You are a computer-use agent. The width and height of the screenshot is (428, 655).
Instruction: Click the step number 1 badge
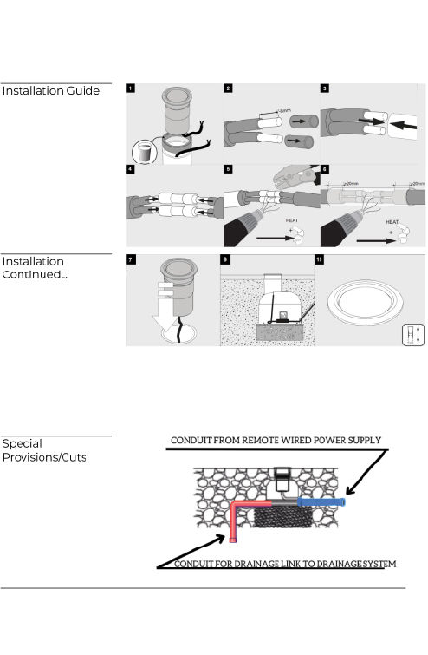coord(131,88)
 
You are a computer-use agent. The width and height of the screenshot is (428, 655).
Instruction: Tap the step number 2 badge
coord(228,88)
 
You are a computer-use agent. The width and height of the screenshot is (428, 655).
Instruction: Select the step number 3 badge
coord(324,88)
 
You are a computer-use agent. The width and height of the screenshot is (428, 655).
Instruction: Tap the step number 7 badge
coord(131,259)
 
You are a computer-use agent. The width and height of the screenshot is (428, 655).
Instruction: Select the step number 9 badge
coord(228,259)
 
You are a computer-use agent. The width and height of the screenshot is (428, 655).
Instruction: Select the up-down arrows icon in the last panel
coord(413,334)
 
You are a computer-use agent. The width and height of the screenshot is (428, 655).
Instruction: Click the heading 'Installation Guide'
coord(49,91)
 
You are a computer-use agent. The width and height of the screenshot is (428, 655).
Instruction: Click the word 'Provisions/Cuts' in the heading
coord(44,457)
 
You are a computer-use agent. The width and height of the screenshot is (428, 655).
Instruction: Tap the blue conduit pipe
coord(321,502)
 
